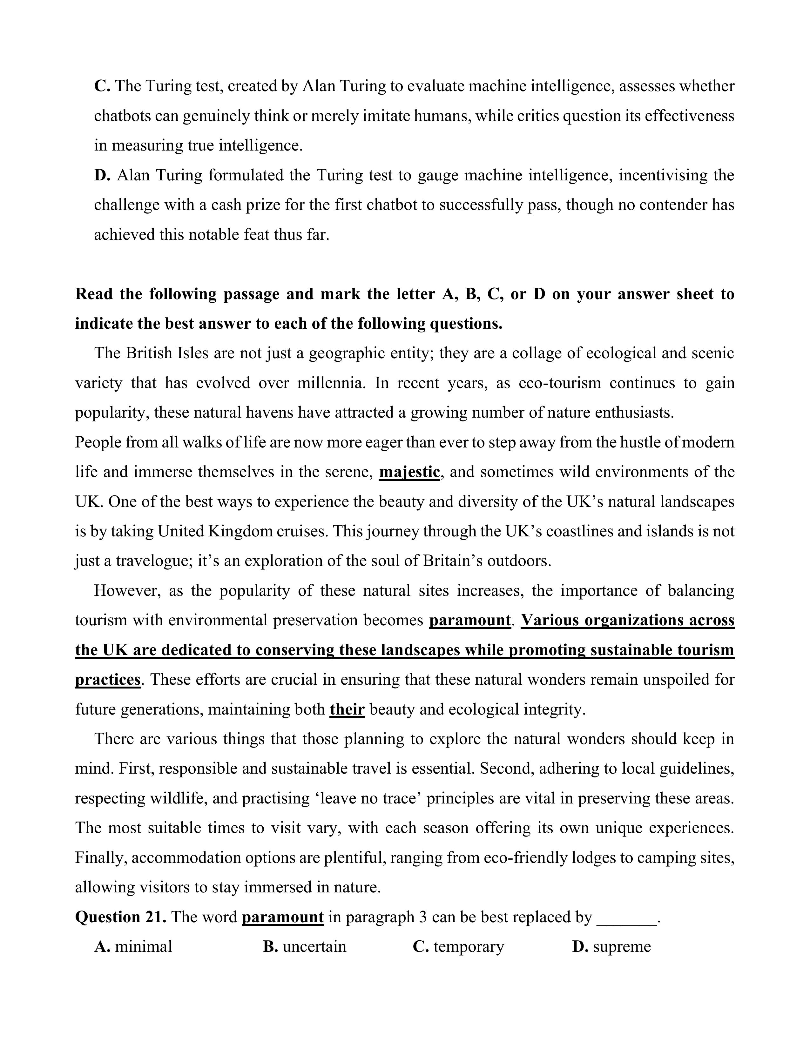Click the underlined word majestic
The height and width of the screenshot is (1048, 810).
click(409, 472)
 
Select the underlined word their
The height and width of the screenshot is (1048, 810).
click(347, 709)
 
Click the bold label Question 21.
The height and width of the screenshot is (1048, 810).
click(121, 917)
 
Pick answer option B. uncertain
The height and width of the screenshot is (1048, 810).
click(305, 947)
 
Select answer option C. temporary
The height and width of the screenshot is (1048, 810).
click(458, 947)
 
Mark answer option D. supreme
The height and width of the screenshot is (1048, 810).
click(612, 947)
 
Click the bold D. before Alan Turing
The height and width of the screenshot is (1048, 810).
click(102, 175)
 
